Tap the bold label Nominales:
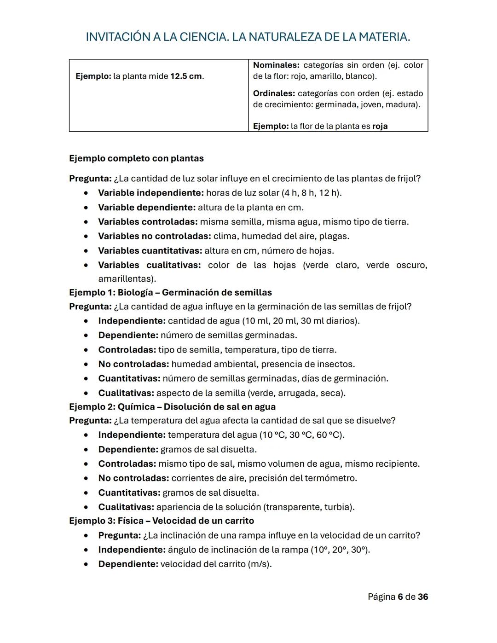coord(276,65)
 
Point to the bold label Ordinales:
coord(274,93)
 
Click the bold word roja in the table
coord(380,126)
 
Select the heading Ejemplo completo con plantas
coord(136,158)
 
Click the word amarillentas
coord(126,278)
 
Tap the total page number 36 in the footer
coord(423,597)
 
